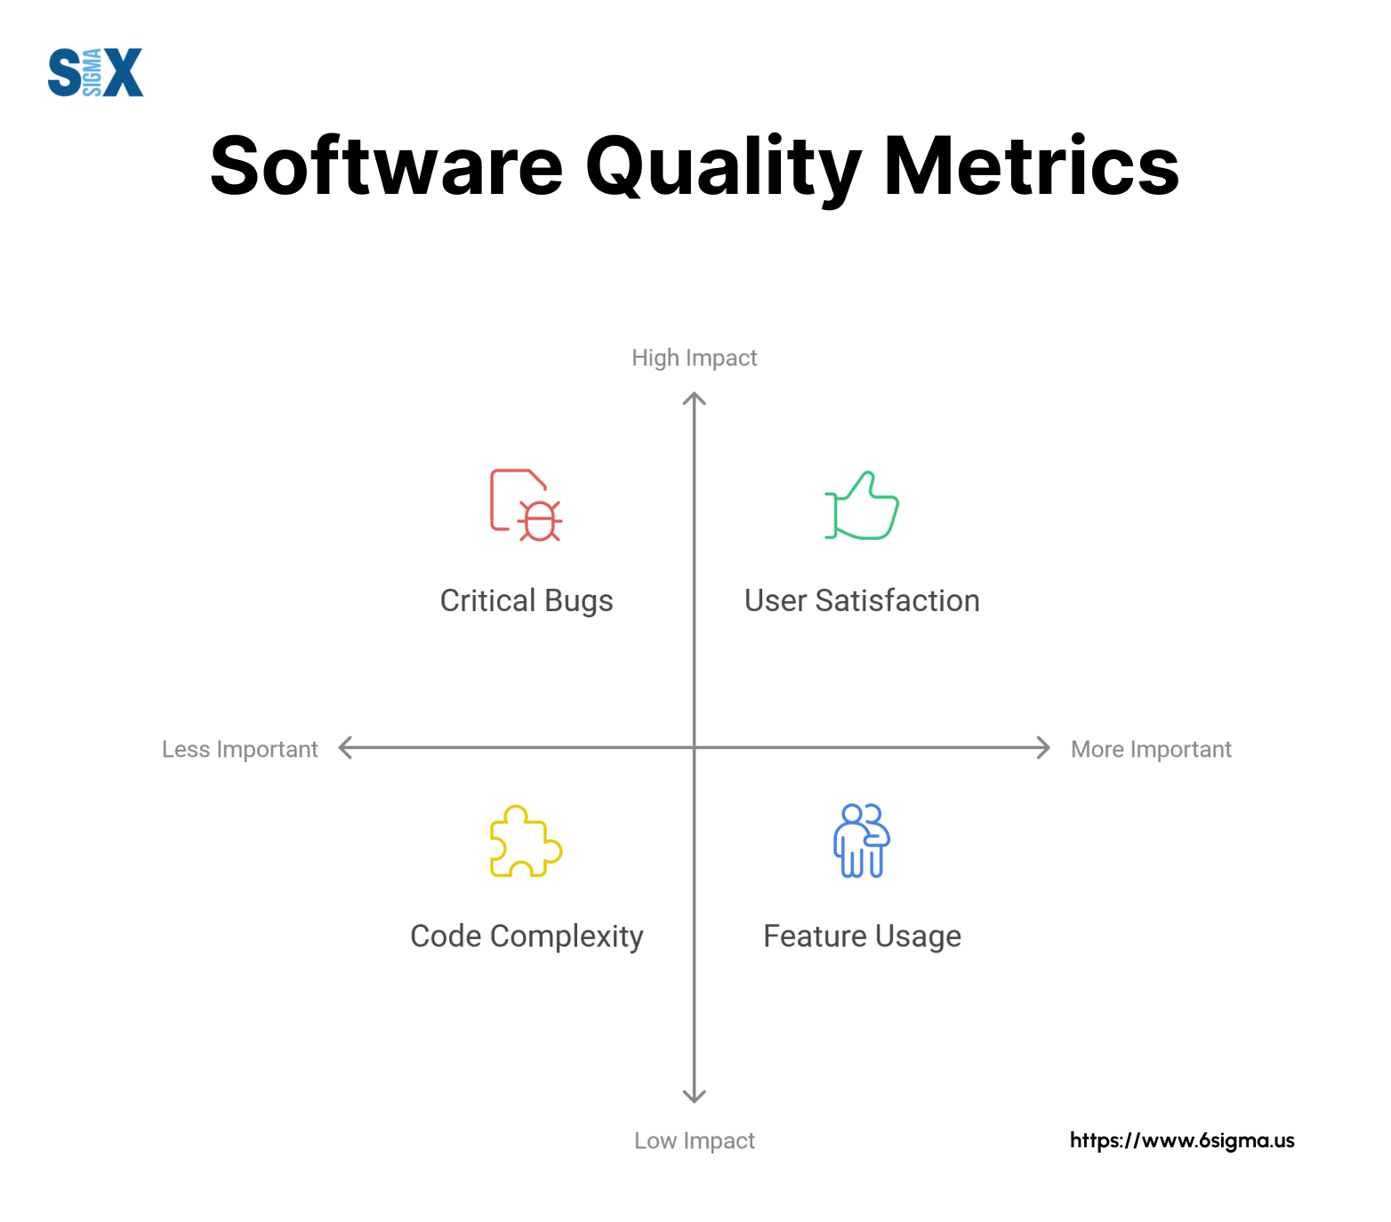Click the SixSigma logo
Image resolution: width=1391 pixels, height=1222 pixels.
(95, 72)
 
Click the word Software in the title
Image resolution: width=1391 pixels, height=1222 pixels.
(387, 166)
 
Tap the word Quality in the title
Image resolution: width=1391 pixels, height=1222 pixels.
(723, 169)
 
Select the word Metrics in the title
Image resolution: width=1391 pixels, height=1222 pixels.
(1031, 166)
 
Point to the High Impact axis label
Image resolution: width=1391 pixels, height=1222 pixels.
(695, 358)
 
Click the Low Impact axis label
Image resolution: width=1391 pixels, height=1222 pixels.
(695, 1140)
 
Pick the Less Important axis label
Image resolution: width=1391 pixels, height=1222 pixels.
(239, 749)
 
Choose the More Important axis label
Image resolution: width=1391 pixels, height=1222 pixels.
(1151, 749)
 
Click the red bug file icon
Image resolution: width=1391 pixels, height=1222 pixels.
(526, 505)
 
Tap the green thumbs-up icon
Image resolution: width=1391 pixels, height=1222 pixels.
(862, 505)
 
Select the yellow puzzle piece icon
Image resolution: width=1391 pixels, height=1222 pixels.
(526, 841)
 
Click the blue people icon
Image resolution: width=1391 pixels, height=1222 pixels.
(862, 841)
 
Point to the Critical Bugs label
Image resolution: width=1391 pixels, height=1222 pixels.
(527, 601)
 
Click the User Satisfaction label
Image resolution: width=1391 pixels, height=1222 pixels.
(862, 600)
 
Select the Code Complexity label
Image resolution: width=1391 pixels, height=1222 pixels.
(527, 937)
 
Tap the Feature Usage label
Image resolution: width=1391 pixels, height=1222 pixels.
(862, 937)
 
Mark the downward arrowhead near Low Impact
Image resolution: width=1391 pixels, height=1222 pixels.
(695, 1100)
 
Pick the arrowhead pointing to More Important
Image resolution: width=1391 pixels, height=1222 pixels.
(1047, 748)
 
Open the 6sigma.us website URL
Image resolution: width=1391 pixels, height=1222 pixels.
(1182, 1140)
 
